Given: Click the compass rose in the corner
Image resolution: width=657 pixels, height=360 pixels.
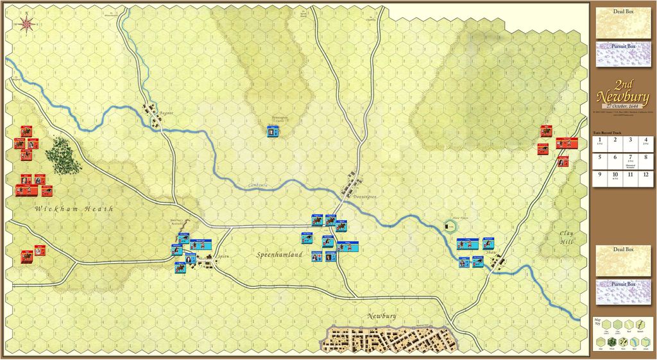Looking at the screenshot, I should (x=27, y=23).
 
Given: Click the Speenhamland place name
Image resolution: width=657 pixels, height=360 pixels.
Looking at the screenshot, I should (x=280, y=255).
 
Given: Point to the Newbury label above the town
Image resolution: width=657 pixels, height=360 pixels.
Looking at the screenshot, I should (x=384, y=316).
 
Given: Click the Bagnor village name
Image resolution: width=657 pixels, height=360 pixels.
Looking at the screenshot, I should (x=167, y=112).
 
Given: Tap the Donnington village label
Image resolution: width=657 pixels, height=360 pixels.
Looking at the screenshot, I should (x=363, y=196).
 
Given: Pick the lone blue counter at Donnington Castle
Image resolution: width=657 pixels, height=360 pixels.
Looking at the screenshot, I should (x=273, y=132).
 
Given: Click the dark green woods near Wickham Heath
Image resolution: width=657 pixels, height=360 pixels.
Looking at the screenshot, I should (x=63, y=155).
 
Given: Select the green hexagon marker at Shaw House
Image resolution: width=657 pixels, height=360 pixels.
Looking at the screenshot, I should (x=448, y=225).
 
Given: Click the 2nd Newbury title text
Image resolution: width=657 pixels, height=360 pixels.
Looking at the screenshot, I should (x=623, y=91).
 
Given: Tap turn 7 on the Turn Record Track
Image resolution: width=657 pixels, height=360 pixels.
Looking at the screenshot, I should (x=631, y=158).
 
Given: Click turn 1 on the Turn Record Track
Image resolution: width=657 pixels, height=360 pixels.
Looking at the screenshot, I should (x=599, y=141).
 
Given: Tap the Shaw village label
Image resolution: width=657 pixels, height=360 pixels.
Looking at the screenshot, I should (x=492, y=253).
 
